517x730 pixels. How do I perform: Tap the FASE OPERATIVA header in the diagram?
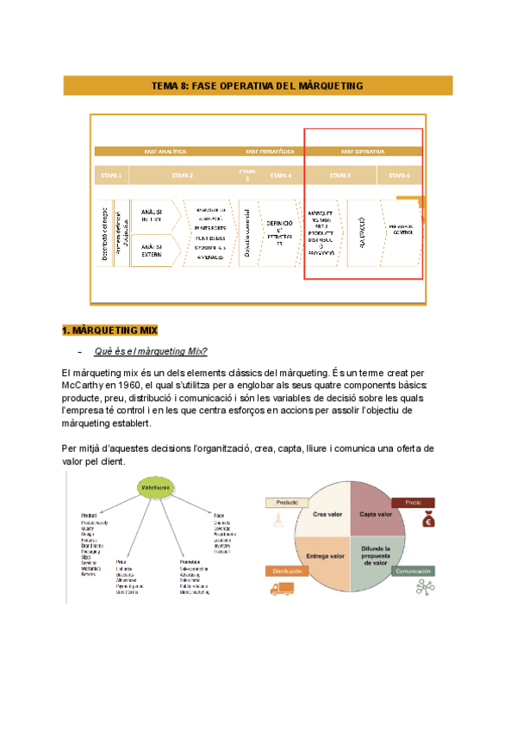point(363,152)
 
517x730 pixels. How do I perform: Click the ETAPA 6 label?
point(399,176)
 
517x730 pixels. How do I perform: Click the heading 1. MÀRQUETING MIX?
point(109,331)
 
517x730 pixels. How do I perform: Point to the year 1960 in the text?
point(143,386)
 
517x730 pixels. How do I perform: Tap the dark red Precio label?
point(413,502)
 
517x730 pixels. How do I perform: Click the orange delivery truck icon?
point(281,589)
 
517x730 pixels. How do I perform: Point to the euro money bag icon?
point(428,520)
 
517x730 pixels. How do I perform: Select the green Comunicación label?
point(414,571)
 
